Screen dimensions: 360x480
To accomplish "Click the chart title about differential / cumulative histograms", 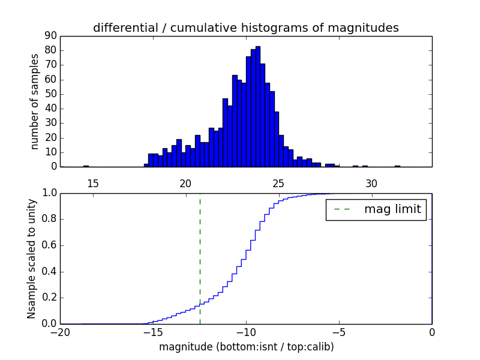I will [245, 28].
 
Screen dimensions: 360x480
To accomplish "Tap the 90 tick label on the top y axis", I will [50, 36].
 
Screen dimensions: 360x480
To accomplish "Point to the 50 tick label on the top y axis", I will [50, 94].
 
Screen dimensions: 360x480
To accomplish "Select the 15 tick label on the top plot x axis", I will [92, 183].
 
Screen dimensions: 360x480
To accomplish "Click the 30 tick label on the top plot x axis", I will [371, 183].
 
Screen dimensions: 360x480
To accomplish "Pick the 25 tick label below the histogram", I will [278, 183].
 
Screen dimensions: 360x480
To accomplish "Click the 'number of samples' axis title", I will [35, 101].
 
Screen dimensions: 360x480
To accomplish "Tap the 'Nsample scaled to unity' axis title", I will [31, 258].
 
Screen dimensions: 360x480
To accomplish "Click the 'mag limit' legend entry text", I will [392, 209].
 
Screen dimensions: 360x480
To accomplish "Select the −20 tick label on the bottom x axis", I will [60, 334].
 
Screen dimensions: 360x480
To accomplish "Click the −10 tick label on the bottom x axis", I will [245, 334].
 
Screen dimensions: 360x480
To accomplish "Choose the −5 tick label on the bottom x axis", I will [338, 334].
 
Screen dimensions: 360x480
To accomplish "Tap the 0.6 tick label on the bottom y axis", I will [49, 245].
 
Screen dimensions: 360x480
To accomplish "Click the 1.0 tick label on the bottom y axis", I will [49, 193].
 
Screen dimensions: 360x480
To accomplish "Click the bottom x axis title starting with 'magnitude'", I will [246, 347].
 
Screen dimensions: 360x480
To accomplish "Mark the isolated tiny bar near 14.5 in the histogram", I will [86, 166].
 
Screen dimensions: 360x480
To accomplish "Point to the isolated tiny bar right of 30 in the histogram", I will [397, 166].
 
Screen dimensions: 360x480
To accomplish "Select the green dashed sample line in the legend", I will [342, 209].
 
